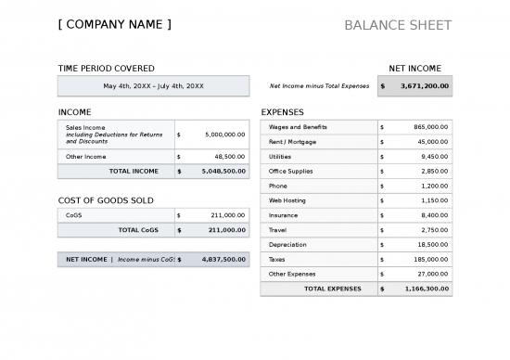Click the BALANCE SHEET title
click(x=398, y=25)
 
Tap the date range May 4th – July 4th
click(x=153, y=86)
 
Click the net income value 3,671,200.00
click(x=425, y=86)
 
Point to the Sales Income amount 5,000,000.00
click(x=224, y=135)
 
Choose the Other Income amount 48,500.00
click(x=229, y=157)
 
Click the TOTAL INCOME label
click(x=134, y=171)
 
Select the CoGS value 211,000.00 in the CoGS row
click(x=229, y=215)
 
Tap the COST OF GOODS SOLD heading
click(x=106, y=200)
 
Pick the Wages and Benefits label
click(x=298, y=127)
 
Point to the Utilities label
click(x=279, y=157)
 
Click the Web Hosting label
click(x=287, y=200)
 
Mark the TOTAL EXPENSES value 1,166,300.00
click(x=427, y=289)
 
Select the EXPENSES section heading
click(x=283, y=112)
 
